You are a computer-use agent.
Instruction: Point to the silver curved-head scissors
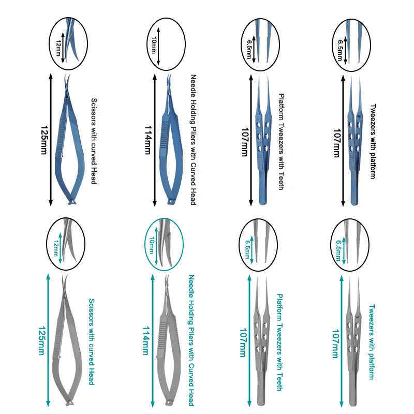click(65, 352)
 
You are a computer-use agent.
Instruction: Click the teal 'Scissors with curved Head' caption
click(91, 342)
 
